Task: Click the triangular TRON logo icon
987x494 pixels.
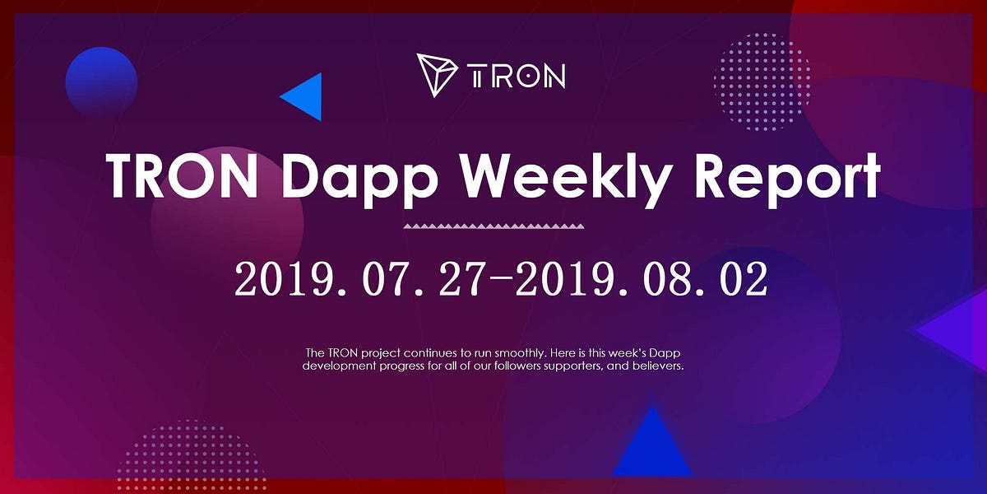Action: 436,75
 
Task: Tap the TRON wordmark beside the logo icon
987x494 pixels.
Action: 517,77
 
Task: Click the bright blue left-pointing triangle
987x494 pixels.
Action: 303,96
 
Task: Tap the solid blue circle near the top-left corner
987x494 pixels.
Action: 101,82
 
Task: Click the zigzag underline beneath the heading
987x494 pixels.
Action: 493,225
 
